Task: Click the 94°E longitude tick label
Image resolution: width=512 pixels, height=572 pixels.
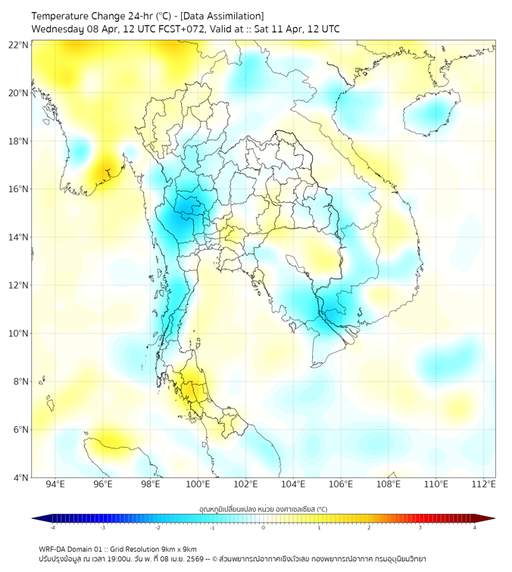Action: [x=55, y=484]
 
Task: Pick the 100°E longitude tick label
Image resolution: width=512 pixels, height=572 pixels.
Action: [x=198, y=484]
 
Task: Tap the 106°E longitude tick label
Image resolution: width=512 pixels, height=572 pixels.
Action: [x=341, y=484]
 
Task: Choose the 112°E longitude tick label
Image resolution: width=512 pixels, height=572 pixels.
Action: [x=483, y=484]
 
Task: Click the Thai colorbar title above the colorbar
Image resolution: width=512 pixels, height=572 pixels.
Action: [x=263, y=509]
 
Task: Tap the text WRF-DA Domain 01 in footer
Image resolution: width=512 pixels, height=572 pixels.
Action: [x=73, y=549]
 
